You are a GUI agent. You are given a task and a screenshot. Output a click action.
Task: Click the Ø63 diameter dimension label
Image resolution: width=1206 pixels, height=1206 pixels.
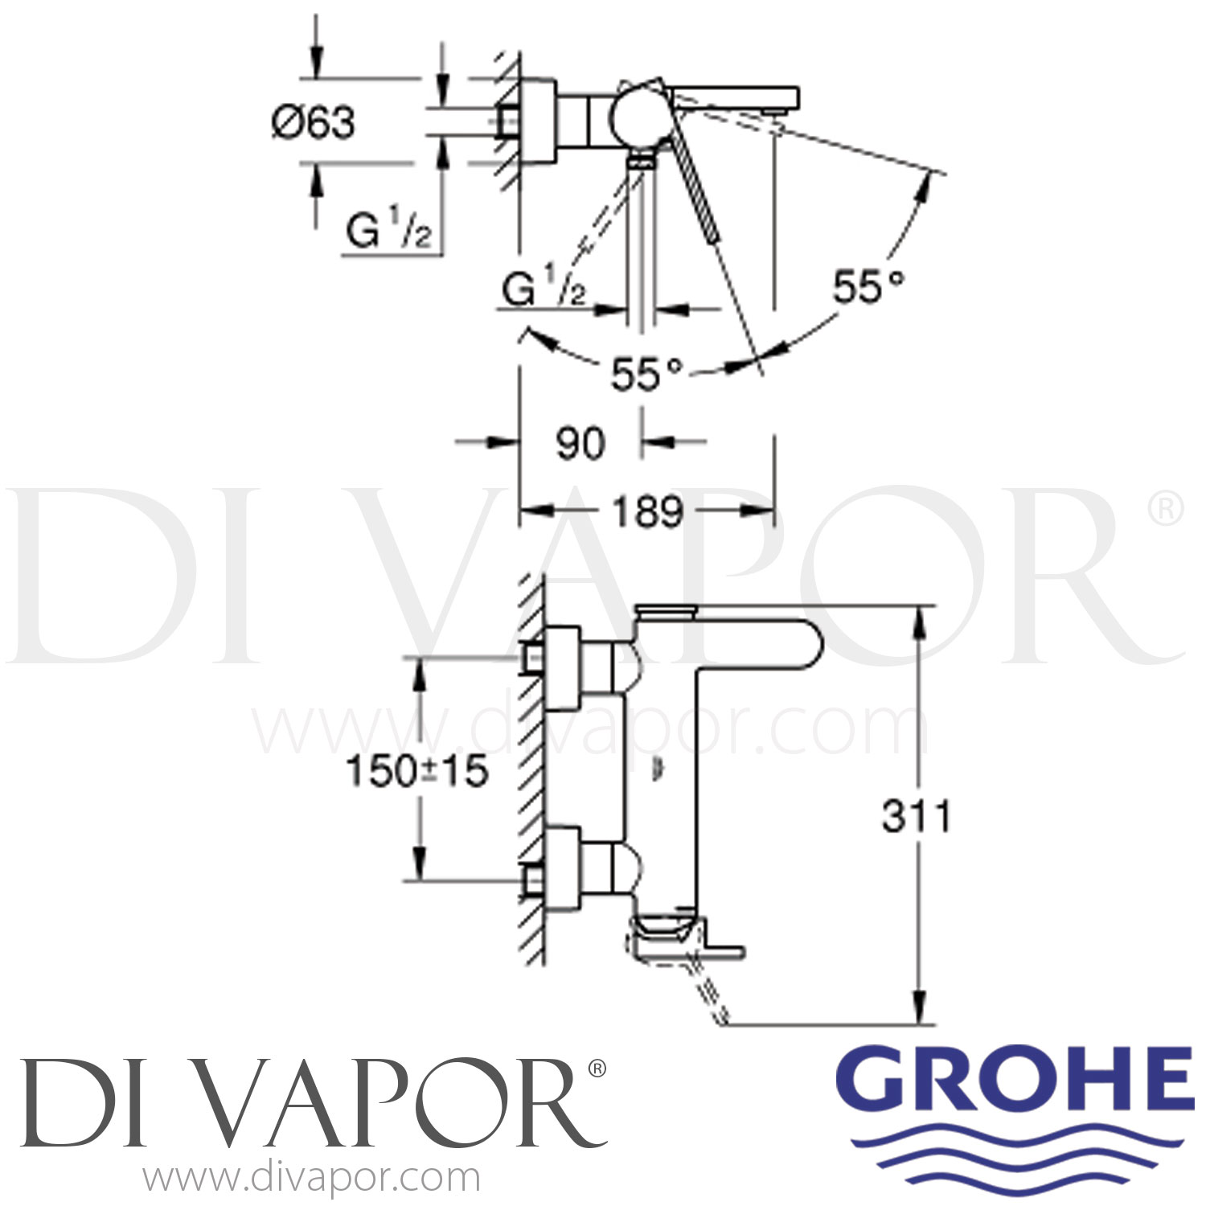tap(314, 123)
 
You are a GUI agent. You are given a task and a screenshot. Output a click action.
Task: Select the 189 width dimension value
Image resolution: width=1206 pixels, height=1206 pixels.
tap(648, 511)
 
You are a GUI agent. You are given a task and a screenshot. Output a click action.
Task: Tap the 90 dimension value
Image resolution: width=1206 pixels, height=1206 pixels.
tap(580, 443)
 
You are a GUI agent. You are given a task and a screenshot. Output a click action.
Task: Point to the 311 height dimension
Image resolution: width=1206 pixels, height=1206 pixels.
tap(917, 816)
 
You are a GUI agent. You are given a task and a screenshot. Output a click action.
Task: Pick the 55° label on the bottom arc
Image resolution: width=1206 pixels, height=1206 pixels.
tap(647, 374)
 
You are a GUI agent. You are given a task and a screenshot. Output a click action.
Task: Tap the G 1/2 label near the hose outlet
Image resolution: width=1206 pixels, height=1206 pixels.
tap(544, 289)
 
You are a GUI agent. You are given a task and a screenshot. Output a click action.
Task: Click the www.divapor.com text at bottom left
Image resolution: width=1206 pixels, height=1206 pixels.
tap(311, 1179)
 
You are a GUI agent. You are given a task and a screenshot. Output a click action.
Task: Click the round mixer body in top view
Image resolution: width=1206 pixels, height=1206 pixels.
tap(635, 117)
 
